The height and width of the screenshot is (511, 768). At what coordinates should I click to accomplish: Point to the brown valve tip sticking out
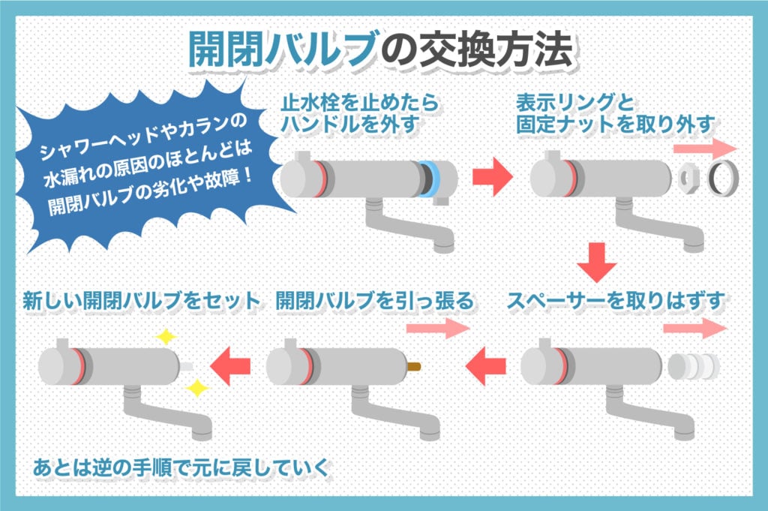411,367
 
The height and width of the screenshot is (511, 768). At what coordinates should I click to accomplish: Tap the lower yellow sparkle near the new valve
196,388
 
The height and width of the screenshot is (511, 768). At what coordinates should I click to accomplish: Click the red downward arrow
598,261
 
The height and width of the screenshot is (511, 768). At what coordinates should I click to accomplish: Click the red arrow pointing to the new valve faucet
230,366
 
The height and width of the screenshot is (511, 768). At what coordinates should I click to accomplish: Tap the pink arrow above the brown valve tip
436,328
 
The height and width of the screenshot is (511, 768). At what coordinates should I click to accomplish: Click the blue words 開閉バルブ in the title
281,51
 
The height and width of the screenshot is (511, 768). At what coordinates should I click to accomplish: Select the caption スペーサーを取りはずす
618,302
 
